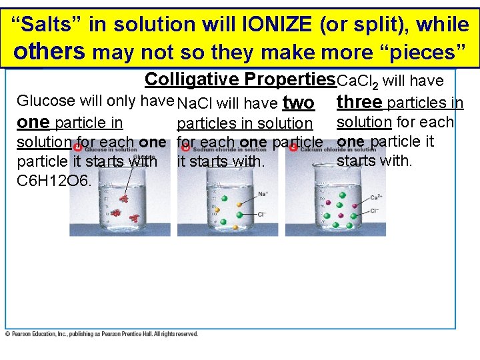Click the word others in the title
[x=50, y=51]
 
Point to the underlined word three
[x=359, y=103]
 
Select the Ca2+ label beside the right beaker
[x=375, y=197]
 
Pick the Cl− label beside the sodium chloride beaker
[x=263, y=215]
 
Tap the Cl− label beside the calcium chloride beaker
[x=375, y=211]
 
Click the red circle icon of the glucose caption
[x=78, y=148]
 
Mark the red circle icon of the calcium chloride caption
[x=293, y=148]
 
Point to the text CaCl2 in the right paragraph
[x=357, y=82]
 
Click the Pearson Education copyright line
[x=101, y=334]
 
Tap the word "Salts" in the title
[x=61, y=25]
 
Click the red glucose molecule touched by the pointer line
[x=123, y=198]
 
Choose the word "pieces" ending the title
[x=427, y=51]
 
